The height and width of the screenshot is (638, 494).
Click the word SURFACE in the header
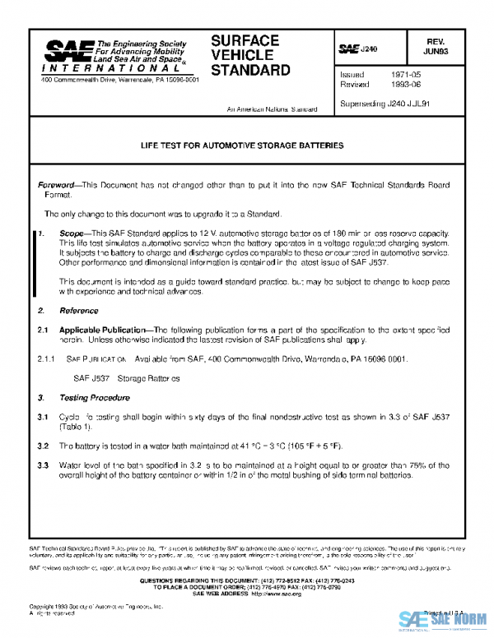tap(245, 40)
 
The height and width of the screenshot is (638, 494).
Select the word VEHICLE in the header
tap(240, 55)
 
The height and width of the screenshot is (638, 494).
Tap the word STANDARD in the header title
tap(250, 71)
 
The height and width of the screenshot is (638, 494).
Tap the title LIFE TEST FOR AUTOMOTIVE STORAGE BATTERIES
tap(242, 146)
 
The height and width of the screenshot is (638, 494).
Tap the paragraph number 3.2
tap(43, 446)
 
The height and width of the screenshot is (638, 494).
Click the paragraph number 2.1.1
tap(46, 359)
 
